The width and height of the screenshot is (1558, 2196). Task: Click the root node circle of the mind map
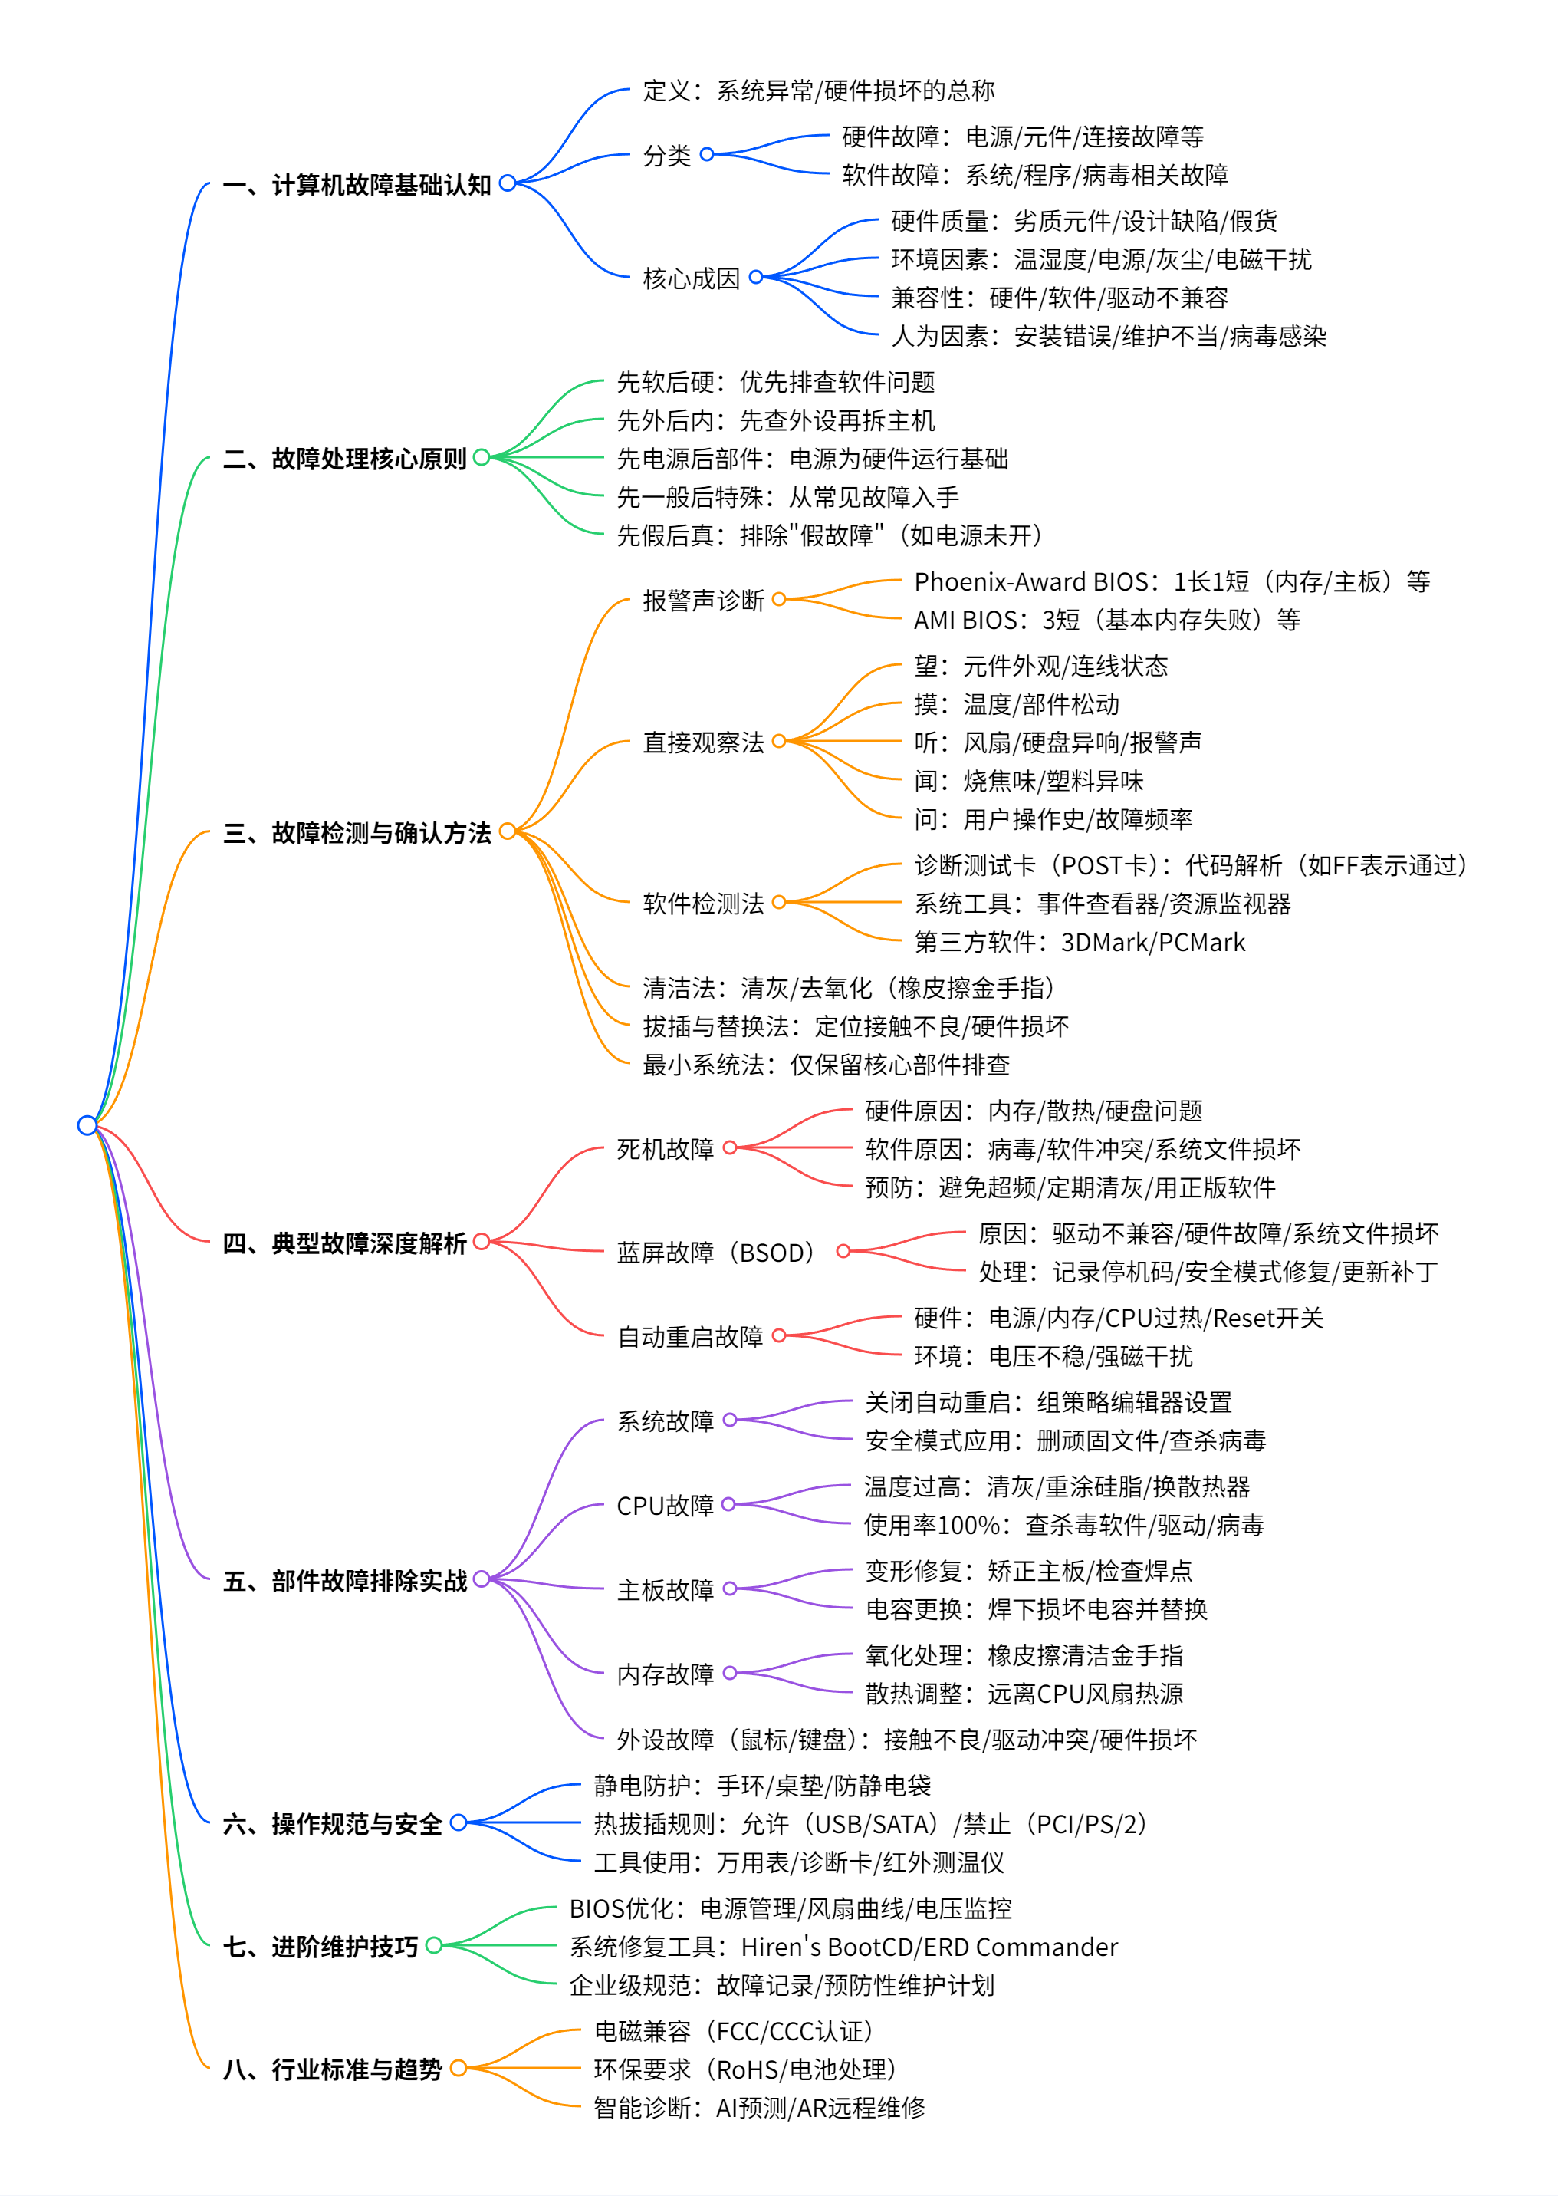point(87,1125)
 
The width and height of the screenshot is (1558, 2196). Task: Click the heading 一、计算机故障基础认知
point(357,184)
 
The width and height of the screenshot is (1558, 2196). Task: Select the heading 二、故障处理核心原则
point(344,459)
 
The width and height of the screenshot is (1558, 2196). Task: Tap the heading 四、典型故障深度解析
point(344,1244)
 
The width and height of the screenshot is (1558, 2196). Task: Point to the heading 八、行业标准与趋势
point(332,2069)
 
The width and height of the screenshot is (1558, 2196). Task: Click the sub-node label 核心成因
point(691,278)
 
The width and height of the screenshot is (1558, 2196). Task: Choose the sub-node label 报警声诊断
point(703,601)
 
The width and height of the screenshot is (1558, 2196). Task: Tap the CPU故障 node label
point(665,1506)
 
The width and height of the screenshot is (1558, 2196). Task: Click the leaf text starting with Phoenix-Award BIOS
point(1172,581)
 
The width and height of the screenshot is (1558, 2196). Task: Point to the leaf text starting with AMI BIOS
point(1107,620)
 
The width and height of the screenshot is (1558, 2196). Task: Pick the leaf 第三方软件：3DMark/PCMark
point(1080,943)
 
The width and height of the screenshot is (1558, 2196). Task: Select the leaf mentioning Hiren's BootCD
point(843,1947)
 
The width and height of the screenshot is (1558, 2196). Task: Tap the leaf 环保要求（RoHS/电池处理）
point(745,2069)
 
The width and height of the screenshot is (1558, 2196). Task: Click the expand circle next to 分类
point(707,154)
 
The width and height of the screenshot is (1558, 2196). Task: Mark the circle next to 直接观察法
point(779,741)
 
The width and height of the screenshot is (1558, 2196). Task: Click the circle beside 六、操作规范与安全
point(459,1822)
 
